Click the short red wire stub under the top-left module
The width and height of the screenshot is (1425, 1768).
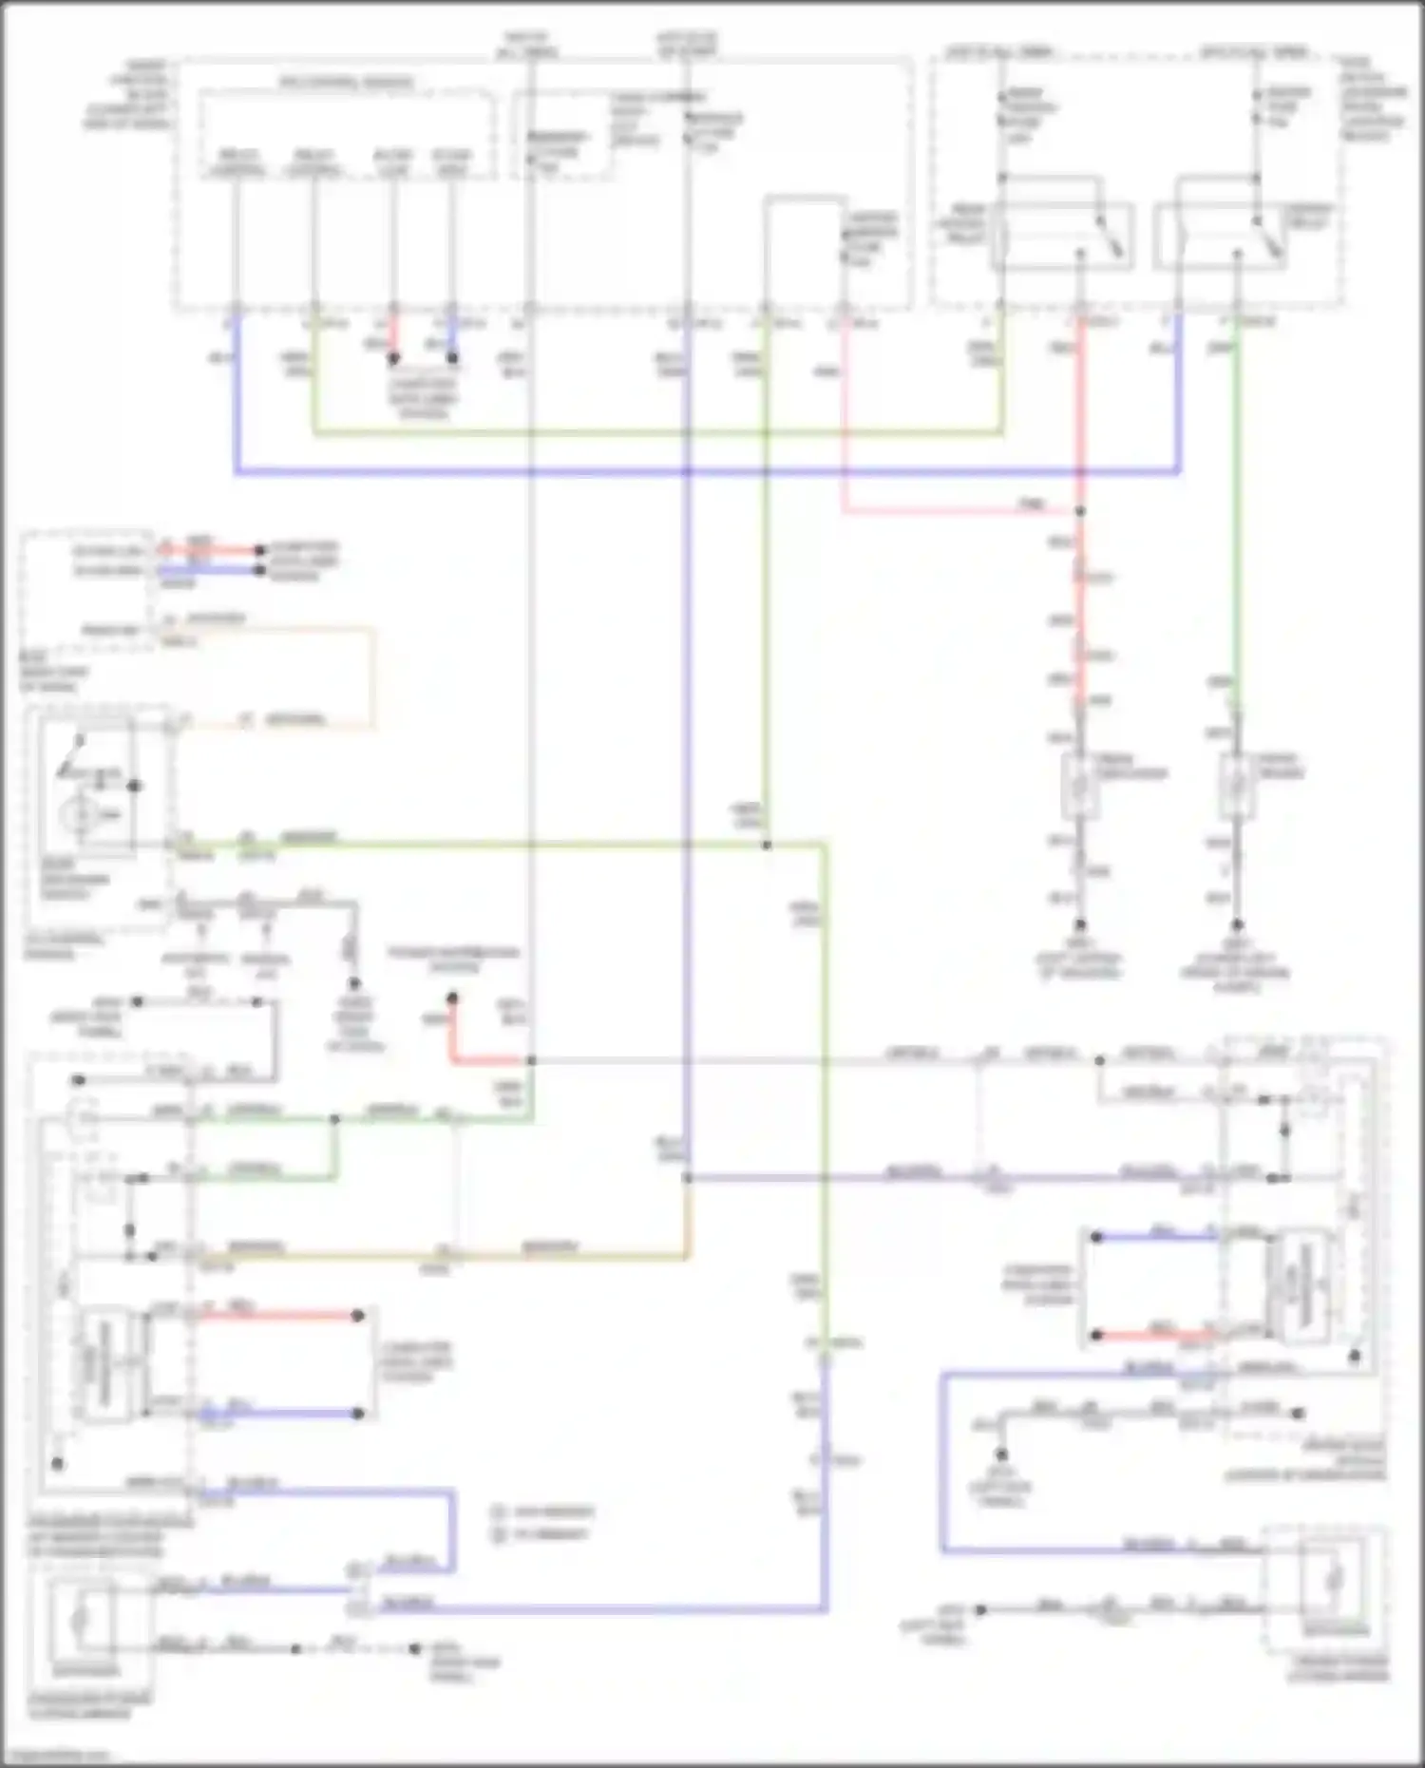(393, 334)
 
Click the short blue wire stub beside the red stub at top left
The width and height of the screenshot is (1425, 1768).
(453, 334)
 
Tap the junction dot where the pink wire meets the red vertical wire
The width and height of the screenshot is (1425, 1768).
(1080, 511)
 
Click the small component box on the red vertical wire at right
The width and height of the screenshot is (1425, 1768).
(1080, 786)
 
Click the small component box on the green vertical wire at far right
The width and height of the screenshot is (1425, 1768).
(1237, 786)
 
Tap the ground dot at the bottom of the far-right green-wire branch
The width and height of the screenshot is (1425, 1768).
(1237, 924)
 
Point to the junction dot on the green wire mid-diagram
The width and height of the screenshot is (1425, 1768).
(767, 845)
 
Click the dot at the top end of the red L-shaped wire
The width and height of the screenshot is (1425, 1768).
(453, 998)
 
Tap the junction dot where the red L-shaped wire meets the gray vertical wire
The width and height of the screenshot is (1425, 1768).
(531, 1060)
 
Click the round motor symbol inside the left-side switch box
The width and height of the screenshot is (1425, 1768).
(82, 815)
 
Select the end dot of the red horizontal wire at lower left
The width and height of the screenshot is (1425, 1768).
(358, 1316)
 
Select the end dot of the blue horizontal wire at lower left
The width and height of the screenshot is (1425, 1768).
(358, 1414)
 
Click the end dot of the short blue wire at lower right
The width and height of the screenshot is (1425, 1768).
(1096, 1237)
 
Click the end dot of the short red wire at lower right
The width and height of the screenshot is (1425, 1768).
(1096, 1335)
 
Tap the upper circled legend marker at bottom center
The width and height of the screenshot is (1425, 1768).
(499, 1511)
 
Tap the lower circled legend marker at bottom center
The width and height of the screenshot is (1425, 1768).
(499, 1534)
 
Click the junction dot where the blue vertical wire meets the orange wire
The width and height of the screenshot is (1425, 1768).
(687, 1178)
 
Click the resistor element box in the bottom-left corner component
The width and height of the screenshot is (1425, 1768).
(82, 1618)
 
